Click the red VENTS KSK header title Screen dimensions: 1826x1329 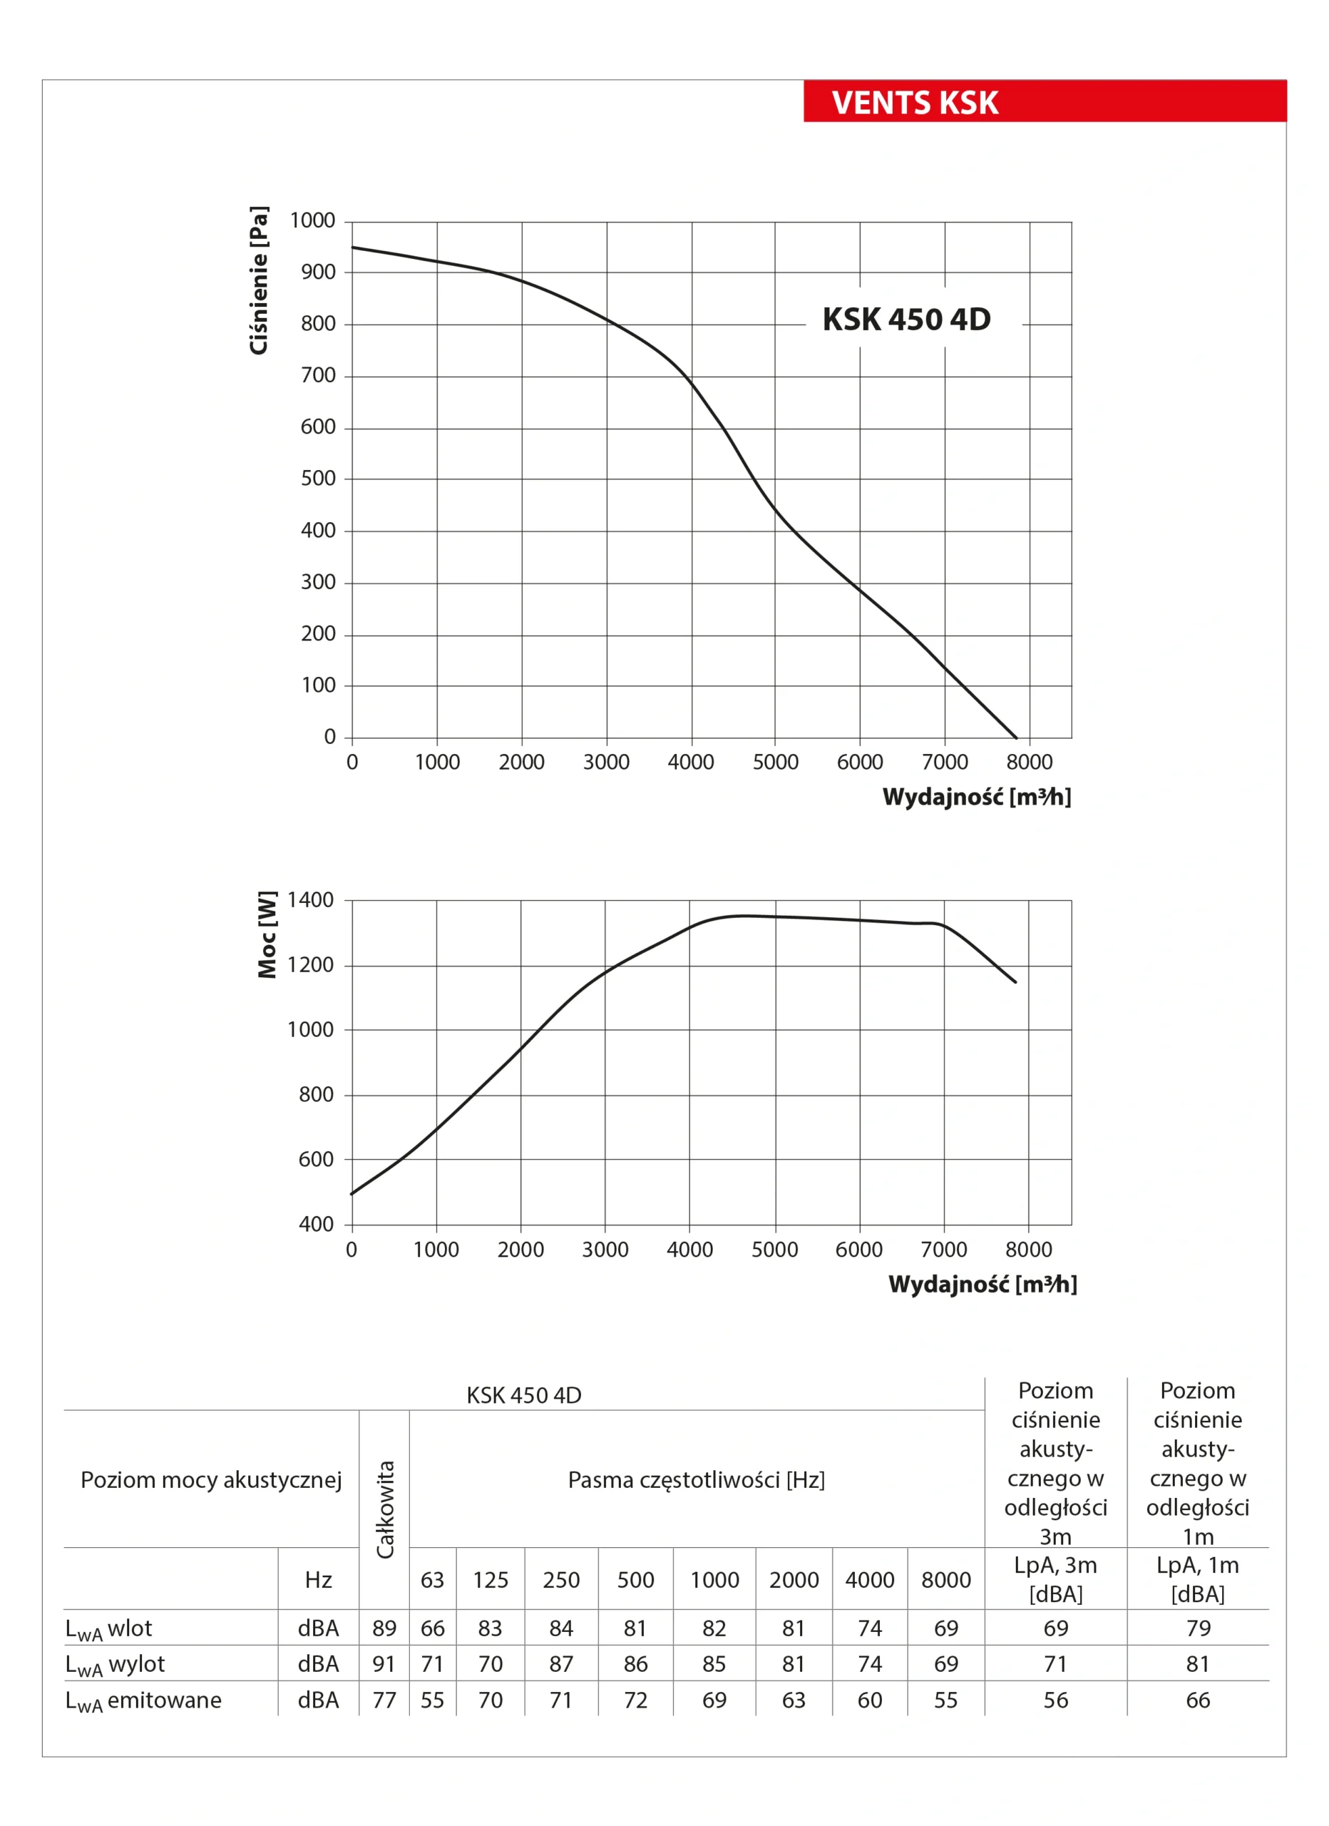pyautogui.click(x=915, y=103)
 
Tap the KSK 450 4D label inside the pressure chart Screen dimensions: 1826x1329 pyautogui.click(x=906, y=320)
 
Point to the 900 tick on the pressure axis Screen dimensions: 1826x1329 pyautogui.click(x=318, y=272)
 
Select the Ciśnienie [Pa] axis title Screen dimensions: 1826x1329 pyautogui.click(x=258, y=280)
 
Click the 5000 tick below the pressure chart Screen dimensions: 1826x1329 pyautogui.click(x=775, y=762)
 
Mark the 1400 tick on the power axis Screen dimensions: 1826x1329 pyautogui.click(x=310, y=900)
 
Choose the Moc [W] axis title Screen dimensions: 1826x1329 pyautogui.click(x=267, y=934)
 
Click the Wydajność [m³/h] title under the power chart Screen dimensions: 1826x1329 pyautogui.click(x=982, y=1283)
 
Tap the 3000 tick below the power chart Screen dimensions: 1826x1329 pyautogui.click(x=605, y=1250)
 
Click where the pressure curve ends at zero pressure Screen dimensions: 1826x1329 pyautogui.click(x=1016, y=738)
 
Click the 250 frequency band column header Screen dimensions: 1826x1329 pyautogui.click(x=561, y=1580)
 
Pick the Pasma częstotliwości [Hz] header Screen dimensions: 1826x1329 pyautogui.click(x=697, y=1480)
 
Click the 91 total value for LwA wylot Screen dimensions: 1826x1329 pyautogui.click(x=384, y=1664)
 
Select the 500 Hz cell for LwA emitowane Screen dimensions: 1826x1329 pyautogui.click(x=635, y=1700)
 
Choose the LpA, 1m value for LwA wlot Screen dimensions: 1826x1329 pyautogui.click(x=1198, y=1628)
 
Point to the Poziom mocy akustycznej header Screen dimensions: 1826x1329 pyautogui.click(x=211, y=1480)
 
